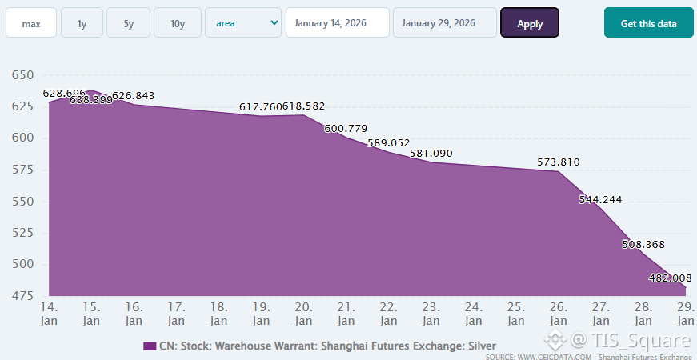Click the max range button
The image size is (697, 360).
(x=31, y=23)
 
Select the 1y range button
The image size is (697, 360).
(x=82, y=23)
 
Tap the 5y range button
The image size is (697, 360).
(x=129, y=23)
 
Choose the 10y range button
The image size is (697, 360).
(x=178, y=23)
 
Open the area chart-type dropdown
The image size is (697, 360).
(x=243, y=23)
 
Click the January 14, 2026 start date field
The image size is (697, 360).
(x=337, y=23)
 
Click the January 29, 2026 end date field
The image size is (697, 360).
(x=444, y=23)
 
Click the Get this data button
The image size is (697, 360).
(x=648, y=23)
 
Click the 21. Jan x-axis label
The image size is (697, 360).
(x=346, y=314)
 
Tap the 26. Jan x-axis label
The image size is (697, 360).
(x=558, y=314)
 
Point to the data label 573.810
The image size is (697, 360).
(x=559, y=162)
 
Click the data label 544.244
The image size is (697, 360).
(x=600, y=200)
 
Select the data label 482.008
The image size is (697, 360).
(x=670, y=278)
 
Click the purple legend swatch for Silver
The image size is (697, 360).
(x=150, y=346)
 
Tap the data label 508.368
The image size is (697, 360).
(x=643, y=245)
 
